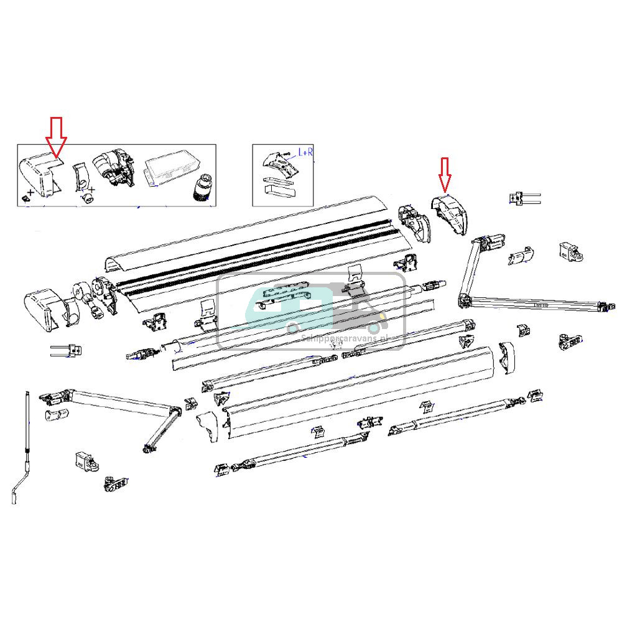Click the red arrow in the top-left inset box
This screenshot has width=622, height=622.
tap(57, 136)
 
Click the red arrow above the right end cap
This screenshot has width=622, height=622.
tap(445, 174)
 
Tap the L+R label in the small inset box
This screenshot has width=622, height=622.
tap(306, 151)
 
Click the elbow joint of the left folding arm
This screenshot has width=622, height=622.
tap(174, 412)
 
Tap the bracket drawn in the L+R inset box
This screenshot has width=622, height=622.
tap(276, 164)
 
